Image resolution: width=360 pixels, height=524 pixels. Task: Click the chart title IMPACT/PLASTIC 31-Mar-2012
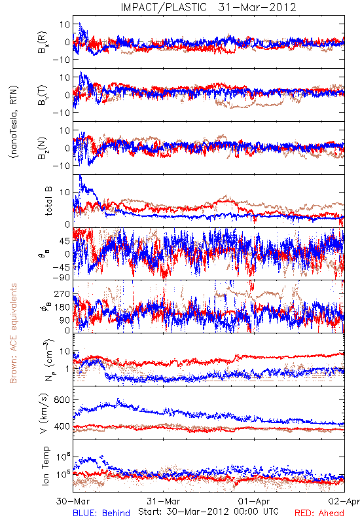click(x=208, y=7)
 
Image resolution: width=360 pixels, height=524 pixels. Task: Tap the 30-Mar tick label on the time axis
click(x=72, y=501)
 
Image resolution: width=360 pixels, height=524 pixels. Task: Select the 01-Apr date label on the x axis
click(x=254, y=501)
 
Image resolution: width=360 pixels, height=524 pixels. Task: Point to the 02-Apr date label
click(x=344, y=501)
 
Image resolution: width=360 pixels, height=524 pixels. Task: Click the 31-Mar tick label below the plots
click(x=163, y=501)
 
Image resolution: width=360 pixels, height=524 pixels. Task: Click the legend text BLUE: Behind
click(x=101, y=513)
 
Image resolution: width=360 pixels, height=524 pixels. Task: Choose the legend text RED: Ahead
click(x=319, y=513)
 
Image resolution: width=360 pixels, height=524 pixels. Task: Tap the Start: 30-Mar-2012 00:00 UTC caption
click(x=208, y=512)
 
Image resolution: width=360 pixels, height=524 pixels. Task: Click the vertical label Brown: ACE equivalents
click(x=13, y=333)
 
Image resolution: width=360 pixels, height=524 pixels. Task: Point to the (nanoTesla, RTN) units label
click(x=14, y=121)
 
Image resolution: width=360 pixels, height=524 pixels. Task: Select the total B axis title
click(x=48, y=201)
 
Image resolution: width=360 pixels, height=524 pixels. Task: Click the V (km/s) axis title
click(x=44, y=413)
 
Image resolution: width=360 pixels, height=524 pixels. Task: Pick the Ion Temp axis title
click(x=45, y=466)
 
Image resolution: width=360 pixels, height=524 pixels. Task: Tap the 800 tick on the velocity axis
click(x=62, y=400)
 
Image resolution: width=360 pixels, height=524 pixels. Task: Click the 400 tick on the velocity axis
click(x=62, y=426)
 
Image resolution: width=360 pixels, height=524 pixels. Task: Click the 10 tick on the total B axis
click(x=65, y=193)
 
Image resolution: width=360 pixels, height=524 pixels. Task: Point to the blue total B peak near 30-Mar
click(x=80, y=176)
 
